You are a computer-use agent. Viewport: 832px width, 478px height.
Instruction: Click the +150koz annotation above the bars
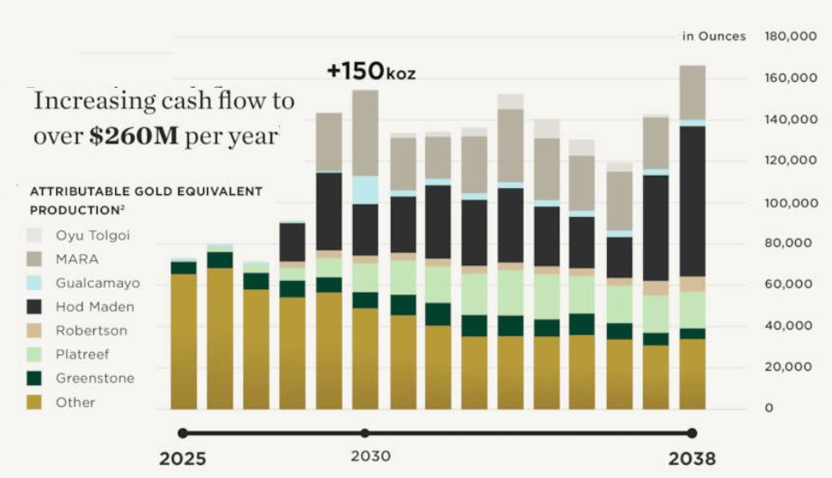coord(371,72)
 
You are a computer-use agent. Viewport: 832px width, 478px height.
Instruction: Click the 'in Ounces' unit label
coord(713,36)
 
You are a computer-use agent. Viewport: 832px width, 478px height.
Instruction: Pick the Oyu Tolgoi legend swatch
coord(34,235)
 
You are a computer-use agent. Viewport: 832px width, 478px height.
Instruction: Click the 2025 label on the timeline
coord(182,459)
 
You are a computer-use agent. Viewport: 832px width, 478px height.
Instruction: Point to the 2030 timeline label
coord(370,457)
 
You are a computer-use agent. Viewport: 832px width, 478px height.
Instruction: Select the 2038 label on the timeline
coord(691,459)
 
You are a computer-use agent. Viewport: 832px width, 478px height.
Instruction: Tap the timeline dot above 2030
coord(365,432)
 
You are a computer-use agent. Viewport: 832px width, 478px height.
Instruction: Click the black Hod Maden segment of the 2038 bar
coord(692,201)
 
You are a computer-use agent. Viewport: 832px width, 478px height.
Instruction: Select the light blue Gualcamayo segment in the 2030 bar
coord(365,190)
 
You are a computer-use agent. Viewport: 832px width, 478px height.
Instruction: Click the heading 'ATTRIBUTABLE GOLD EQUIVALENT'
coord(146,191)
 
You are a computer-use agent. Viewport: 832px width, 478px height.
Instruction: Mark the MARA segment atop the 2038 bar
coord(692,91)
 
